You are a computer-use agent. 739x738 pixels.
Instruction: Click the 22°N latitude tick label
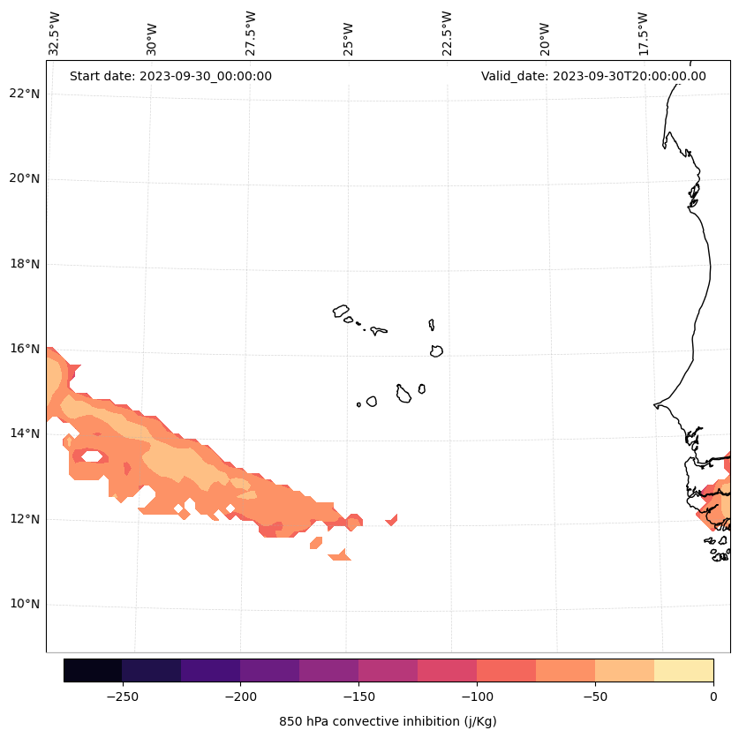(26, 94)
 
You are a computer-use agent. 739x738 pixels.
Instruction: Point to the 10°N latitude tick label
(26, 605)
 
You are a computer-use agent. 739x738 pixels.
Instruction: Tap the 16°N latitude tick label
(26, 349)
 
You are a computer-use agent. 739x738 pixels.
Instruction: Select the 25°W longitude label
(349, 34)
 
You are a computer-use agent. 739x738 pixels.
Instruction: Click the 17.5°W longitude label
(644, 33)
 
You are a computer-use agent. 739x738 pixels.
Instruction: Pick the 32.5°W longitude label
(55, 33)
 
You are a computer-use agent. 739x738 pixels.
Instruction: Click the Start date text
(170, 76)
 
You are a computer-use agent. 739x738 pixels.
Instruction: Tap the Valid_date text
(593, 76)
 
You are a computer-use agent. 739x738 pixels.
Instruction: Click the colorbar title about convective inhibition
(388, 721)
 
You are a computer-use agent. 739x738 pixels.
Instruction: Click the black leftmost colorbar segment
(93, 670)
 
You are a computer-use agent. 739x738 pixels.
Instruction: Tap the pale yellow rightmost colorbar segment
(683, 670)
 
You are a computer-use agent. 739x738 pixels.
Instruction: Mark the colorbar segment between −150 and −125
(388, 670)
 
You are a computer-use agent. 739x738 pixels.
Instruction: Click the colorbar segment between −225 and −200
(210, 670)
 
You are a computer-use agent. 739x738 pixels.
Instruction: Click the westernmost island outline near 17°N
(341, 311)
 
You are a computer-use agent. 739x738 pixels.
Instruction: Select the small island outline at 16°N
(436, 350)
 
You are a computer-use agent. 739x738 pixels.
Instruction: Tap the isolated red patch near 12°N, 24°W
(392, 519)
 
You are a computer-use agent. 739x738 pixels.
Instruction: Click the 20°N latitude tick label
(26, 178)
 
